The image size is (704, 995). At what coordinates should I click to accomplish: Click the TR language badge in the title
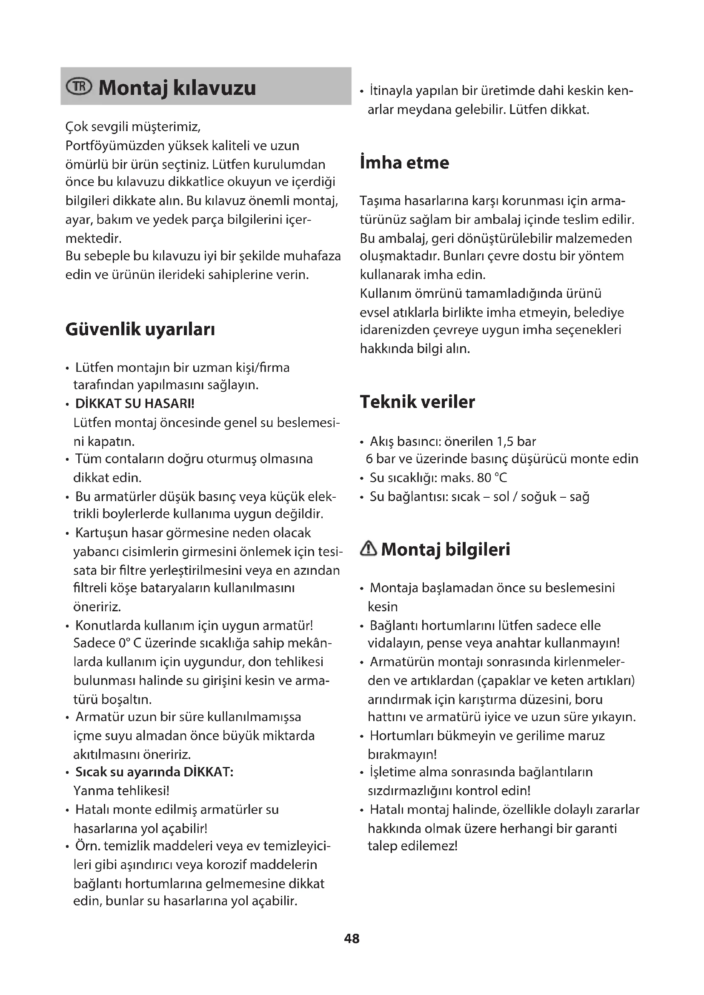point(78,87)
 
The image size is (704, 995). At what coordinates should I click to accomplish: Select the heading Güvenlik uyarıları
point(140,329)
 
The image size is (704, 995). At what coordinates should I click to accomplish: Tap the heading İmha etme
point(404,163)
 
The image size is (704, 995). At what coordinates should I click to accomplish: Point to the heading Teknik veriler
point(417,402)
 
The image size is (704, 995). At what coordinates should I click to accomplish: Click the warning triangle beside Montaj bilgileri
point(369,549)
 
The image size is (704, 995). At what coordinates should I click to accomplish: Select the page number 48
point(352,938)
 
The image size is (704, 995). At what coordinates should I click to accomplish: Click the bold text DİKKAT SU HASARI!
point(135,403)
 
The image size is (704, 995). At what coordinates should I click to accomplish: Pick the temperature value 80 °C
point(492,478)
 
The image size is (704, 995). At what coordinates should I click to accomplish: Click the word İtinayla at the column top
point(391,91)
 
